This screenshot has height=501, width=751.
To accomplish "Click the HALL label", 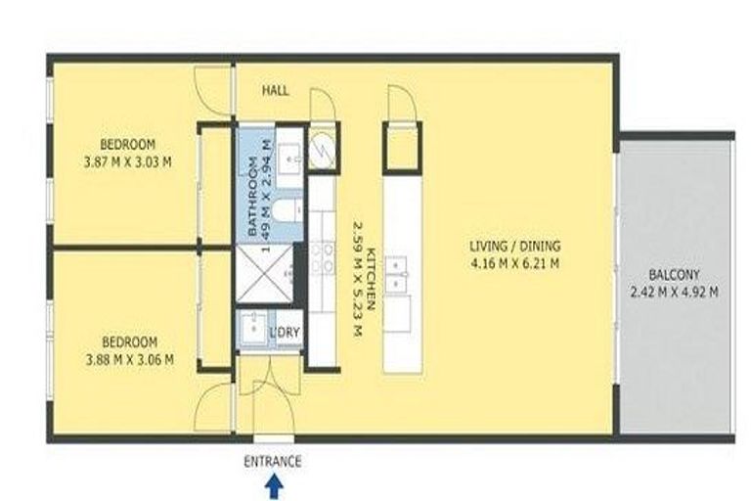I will (276, 90).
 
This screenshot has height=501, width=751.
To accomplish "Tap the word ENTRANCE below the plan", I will (273, 462).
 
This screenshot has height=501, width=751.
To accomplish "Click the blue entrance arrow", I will (275, 485).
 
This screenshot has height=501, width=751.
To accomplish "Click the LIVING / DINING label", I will (514, 247).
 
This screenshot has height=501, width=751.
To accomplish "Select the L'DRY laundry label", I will (285, 333).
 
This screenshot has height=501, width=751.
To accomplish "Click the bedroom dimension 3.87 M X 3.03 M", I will (128, 161).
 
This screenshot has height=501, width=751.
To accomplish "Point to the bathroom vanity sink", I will (289, 155).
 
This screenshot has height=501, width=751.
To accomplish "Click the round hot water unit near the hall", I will (322, 149).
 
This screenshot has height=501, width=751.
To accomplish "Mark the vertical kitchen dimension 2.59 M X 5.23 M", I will (356, 278).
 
